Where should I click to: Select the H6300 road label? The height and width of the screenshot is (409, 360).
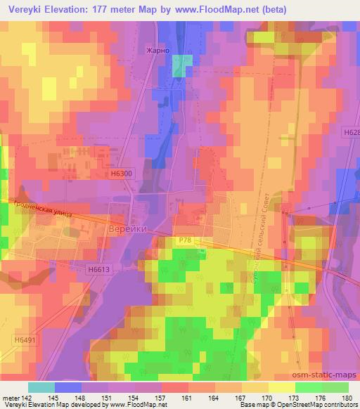point(121,171)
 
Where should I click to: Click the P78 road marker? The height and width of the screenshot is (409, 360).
point(185,240)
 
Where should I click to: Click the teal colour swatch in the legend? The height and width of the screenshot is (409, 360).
point(41,387)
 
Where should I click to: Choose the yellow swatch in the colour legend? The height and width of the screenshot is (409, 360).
point(281,387)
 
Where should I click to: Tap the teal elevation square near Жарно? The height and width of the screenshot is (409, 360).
point(182,66)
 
